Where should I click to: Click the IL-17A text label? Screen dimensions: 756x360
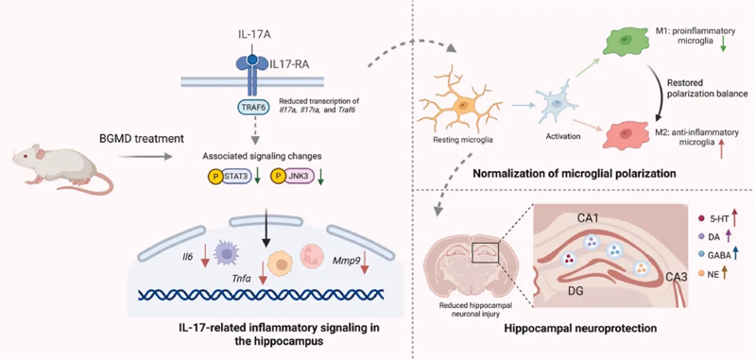pyautogui.click(x=252, y=36)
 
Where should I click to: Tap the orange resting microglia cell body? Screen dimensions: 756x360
pyautogui.click(x=463, y=104)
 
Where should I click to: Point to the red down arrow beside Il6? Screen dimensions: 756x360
pyautogui.click(x=205, y=255)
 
